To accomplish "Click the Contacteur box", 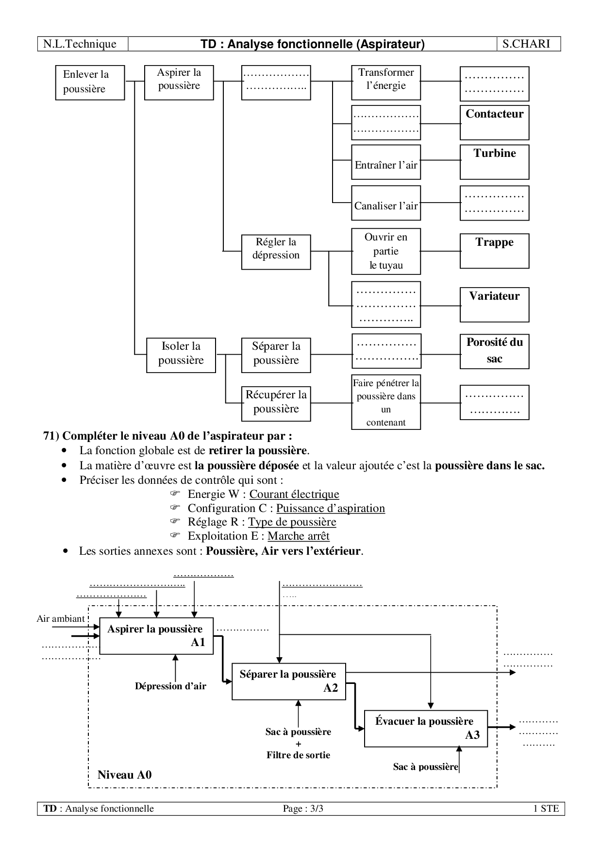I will (494, 122).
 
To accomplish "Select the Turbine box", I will (494, 162).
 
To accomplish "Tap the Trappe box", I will (494, 251).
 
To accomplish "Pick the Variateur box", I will (494, 305).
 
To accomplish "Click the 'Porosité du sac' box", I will (494, 351).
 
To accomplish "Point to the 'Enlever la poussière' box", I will (90, 83).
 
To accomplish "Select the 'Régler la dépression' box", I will (276, 252).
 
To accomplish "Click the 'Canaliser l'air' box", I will (386, 203).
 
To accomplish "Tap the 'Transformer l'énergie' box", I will (386, 83).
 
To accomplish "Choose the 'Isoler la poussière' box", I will (181, 355).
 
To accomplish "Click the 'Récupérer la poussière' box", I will (276, 403).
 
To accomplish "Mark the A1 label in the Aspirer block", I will (198, 643).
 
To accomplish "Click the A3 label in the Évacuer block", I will (472, 735).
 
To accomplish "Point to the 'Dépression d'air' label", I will (170, 686).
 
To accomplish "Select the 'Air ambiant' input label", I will (61, 619).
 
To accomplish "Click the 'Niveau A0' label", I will (124, 775).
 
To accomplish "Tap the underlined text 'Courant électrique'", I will (294, 494).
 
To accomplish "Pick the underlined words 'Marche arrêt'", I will (299, 536).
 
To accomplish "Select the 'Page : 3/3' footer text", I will (303, 809).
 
